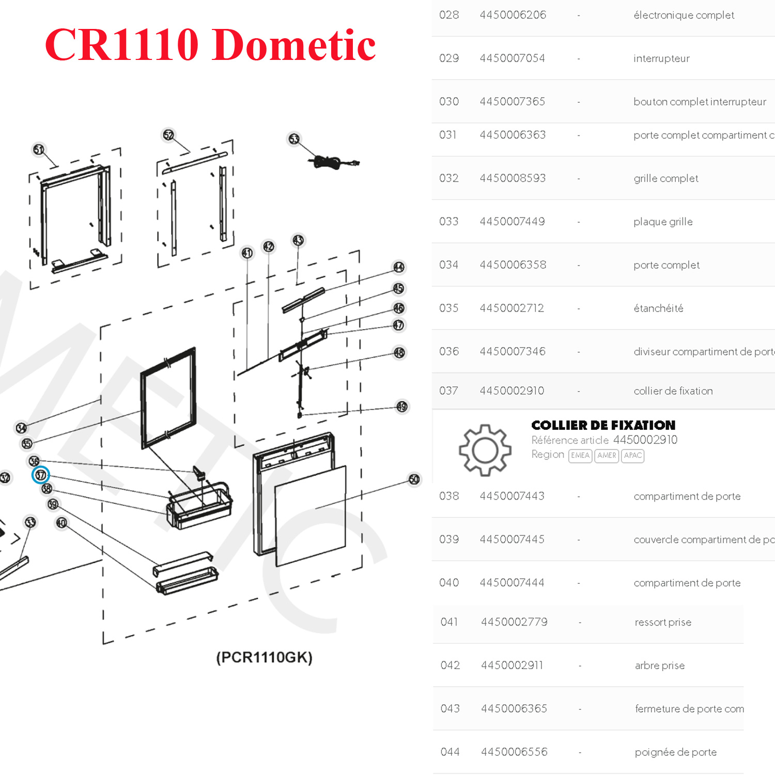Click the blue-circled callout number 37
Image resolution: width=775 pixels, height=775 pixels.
tap(41, 475)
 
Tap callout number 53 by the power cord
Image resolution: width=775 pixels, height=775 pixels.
tap(294, 138)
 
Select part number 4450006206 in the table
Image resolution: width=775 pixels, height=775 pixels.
tap(513, 15)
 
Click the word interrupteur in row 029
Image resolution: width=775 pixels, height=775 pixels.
tap(661, 58)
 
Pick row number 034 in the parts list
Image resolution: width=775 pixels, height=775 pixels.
tap(448, 265)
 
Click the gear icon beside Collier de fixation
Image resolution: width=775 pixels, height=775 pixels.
tap(485, 450)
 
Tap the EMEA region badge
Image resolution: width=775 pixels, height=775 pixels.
tap(580, 456)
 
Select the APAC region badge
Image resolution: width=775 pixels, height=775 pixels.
tap(632, 456)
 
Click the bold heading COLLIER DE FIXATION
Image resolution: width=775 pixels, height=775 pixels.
tap(603, 425)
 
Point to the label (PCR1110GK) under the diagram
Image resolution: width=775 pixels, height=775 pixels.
tap(264, 657)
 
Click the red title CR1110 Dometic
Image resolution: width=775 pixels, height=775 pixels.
tap(210, 45)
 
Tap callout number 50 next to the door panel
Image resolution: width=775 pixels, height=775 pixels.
tap(414, 479)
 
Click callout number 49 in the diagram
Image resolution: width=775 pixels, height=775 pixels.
tap(402, 407)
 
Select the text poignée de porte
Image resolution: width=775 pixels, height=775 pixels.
tap(675, 752)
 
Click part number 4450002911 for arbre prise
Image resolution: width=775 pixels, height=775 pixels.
tap(512, 665)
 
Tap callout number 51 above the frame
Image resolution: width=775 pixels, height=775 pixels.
tap(39, 149)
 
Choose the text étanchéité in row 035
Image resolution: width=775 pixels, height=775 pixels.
tap(658, 308)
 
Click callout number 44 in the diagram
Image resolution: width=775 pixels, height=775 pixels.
tap(399, 267)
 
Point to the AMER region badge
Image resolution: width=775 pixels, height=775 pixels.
tap(607, 456)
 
